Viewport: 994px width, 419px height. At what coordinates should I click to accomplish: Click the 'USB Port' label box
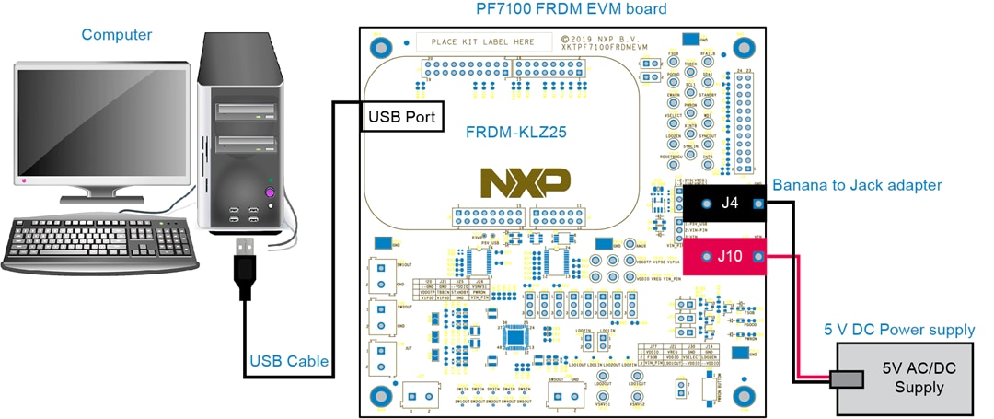pos(401,117)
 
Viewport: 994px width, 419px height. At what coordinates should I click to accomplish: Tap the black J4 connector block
pos(731,204)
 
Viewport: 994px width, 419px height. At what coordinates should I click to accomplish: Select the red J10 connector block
pos(731,256)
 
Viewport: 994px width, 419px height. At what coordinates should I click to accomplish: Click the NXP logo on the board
pos(526,182)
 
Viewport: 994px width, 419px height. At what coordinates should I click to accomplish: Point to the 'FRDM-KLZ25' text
pos(515,132)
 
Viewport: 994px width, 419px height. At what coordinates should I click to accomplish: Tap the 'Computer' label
pos(117,35)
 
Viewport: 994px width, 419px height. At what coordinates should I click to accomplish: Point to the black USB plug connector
pos(244,267)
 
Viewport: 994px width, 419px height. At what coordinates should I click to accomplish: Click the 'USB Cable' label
pos(289,361)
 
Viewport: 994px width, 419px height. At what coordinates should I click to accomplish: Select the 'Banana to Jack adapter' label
pos(857,185)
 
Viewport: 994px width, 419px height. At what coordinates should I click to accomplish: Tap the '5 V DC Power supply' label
pos(898,330)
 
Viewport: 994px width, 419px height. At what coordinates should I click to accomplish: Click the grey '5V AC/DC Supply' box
pos(906,378)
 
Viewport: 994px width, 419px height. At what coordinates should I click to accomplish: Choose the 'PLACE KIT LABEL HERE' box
pos(483,42)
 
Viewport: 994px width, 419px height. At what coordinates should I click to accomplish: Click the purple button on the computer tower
pos(271,192)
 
